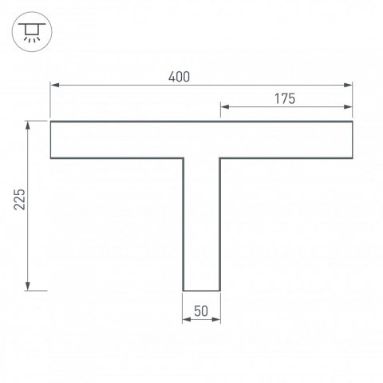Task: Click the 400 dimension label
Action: (179, 77)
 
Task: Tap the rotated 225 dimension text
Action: (21, 200)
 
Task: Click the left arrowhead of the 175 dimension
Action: (224, 106)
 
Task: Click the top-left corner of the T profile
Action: (50, 122)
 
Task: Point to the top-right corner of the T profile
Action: (353, 122)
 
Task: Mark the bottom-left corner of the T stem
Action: (184, 290)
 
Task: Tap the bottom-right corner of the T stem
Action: (221, 290)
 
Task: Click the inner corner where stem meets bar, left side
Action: (184, 158)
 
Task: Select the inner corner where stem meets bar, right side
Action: (221, 158)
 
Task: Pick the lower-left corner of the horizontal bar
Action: (50, 158)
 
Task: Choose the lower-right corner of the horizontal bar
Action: (353, 158)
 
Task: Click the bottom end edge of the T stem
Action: (202, 290)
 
